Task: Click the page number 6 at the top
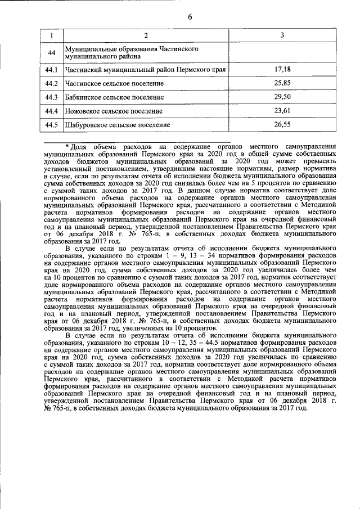190,16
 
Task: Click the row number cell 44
52,53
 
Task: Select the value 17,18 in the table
282,70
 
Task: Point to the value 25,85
282,83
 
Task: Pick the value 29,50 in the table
282,97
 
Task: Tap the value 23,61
282,111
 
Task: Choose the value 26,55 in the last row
282,124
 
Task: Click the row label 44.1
52,70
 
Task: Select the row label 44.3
52,97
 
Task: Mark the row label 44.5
52,124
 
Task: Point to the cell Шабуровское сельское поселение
118,125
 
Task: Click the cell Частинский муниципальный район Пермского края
145,70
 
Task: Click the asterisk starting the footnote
66,146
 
